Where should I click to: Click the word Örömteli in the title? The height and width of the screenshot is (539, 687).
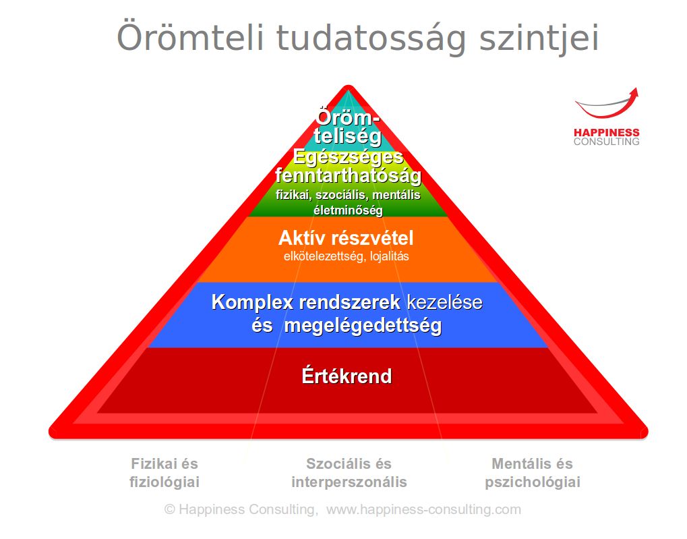[190, 37]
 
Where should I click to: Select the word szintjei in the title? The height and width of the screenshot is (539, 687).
[539, 38]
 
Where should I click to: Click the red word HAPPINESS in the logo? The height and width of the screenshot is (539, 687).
[606, 132]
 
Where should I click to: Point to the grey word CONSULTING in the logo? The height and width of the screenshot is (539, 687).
[606, 142]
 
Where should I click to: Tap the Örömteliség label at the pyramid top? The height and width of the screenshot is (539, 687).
[347, 127]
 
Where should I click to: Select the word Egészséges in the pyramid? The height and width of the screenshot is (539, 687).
[349, 157]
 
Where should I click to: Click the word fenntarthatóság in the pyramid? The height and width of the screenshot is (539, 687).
[349, 176]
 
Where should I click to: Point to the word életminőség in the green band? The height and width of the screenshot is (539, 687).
[349, 210]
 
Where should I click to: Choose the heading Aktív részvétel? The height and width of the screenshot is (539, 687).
[346, 238]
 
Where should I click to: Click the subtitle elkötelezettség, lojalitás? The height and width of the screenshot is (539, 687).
[346, 256]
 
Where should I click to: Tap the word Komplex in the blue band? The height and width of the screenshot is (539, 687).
[252, 303]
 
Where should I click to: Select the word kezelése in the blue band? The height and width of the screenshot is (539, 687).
[445, 302]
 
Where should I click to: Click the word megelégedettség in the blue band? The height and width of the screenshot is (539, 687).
[363, 326]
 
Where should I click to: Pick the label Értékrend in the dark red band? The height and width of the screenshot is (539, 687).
[347, 376]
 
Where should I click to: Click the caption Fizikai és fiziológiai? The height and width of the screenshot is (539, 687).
[165, 473]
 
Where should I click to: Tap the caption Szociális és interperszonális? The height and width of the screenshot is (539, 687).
[349, 473]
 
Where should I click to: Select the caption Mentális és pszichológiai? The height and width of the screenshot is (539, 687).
[533, 473]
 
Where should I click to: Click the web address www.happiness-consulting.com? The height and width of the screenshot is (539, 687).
[423, 509]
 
